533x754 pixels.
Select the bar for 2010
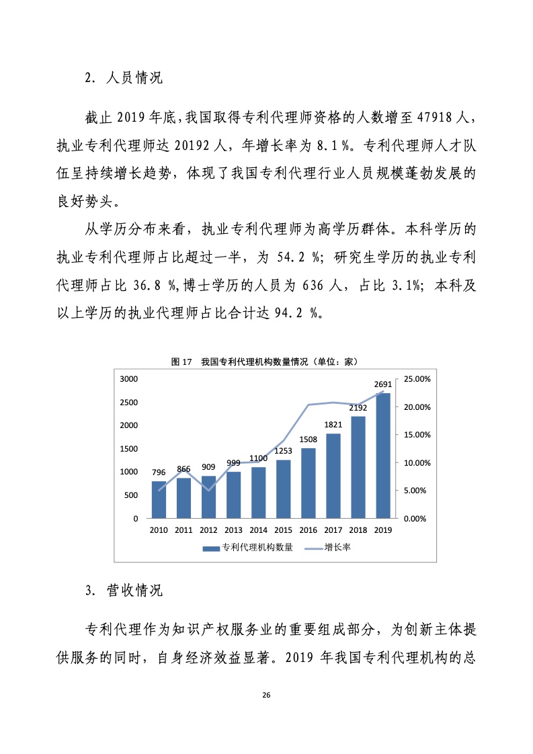click(159, 500)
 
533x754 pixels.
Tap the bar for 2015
click(284, 489)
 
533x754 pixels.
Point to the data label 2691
click(383, 384)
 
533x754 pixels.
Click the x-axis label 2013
click(233, 530)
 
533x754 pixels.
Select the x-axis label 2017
click(333, 530)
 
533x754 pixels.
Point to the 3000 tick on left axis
click(128, 379)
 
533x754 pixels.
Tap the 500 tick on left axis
click(131, 495)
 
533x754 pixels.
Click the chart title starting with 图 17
click(264, 362)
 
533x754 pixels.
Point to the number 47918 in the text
click(428, 120)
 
